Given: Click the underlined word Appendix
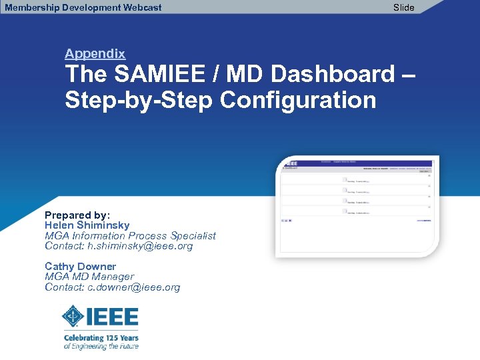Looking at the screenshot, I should pos(95,53).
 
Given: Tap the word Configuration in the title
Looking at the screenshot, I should pos(298,101).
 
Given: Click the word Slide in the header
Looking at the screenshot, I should pos(403,7).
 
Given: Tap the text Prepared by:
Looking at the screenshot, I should pos(77,215).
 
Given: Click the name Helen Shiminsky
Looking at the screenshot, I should pos(87,225).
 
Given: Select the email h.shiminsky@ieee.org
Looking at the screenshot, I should pos(140,246).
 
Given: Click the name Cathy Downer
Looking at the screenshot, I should pos(80,267).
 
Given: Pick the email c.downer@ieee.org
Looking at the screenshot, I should pos(133,287).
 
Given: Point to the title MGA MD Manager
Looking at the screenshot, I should pos(89,277).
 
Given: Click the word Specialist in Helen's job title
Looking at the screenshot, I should pos(193,235).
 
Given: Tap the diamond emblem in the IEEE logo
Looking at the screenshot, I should pos(73,316).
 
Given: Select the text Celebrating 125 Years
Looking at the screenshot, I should pos(101,338).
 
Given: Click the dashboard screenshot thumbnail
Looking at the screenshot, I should pos(357,206).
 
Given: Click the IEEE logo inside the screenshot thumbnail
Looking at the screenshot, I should pos(291,162).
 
